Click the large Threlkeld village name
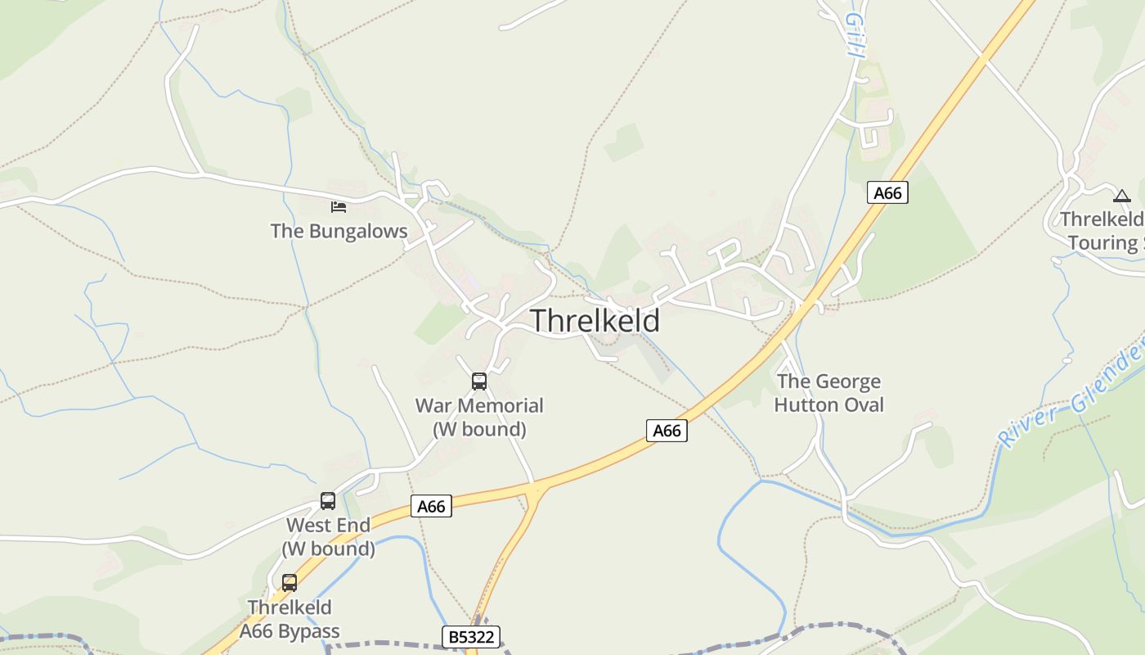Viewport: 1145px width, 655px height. click(595, 321)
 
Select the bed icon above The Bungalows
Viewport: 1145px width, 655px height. click(338, 206)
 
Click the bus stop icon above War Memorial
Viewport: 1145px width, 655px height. click(479, 381)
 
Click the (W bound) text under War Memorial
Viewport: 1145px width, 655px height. click(479, 429)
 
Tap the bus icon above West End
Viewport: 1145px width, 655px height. click(328, 500)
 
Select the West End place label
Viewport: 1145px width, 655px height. click(328, 525)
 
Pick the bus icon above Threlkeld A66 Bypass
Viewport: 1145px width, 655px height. click(290, 583)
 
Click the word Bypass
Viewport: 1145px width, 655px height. click(308, 631)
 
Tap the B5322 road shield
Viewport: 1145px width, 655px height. click(471, 636)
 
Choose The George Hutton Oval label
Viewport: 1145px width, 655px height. click(828, 393)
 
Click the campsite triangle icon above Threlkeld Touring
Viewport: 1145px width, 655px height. click(1121, 196)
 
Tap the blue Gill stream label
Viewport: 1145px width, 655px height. click(855, 34)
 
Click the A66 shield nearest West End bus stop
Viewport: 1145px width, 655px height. click(431, 506)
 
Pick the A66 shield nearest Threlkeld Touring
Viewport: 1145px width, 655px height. click(887, 192)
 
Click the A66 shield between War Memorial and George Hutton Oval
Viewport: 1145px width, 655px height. click(667, 431)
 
